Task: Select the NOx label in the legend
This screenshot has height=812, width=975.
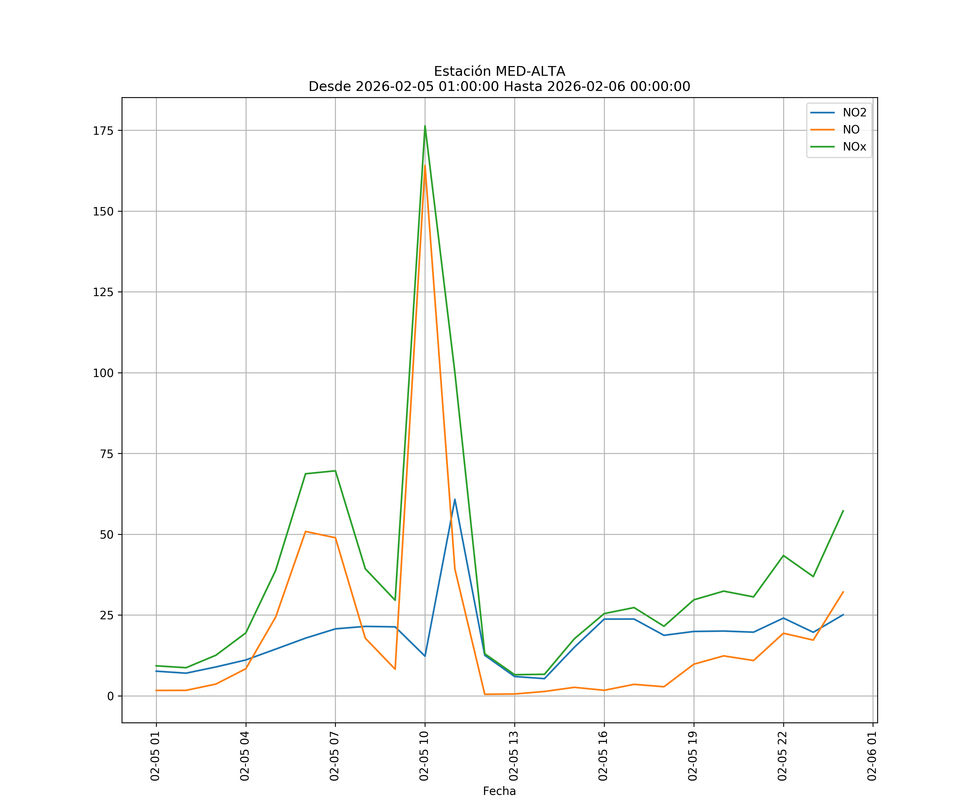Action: [x=854, y=147]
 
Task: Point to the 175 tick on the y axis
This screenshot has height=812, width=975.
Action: [x=103, y=130]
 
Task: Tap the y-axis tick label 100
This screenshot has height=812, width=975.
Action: [x=103, y=373]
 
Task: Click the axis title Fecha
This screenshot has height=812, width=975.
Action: [x=499, y=791]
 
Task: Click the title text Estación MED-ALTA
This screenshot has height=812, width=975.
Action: [x=499, y=71]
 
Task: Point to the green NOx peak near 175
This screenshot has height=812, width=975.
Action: [x=425, y=126]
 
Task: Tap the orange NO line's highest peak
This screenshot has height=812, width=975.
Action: [x=425, y=166]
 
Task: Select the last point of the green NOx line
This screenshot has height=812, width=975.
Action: [x=843, y=511]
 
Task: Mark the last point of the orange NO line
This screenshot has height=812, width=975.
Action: [x=843, y=592]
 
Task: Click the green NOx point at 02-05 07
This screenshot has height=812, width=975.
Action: [x=335, y=471]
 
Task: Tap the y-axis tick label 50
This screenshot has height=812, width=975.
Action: [x=106, y=535]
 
